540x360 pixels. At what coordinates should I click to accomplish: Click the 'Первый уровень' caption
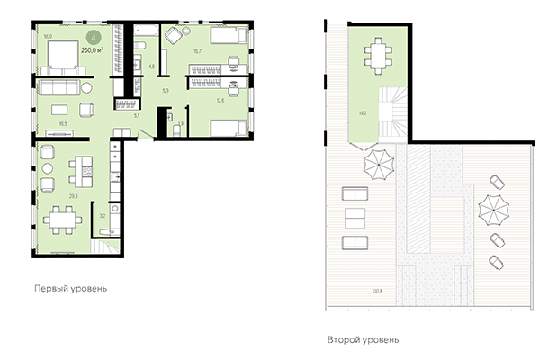(x=70, y=289)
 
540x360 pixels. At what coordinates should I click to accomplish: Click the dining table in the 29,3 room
(x=62, y=219)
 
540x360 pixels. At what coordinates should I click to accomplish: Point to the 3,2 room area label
(x=102, y=216)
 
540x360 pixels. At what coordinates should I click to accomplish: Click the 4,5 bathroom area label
(x=151, y=67)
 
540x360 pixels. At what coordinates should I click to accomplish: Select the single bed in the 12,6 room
(x=225, y=126)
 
